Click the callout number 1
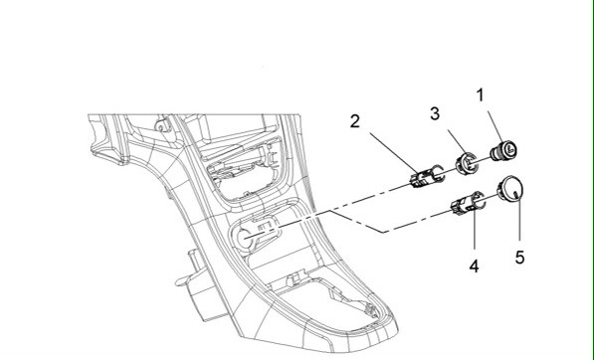coord(480,96)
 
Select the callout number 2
coord(354,122)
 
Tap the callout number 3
coord(435,113)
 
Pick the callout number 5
coord(518,258)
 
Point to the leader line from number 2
coord(384,147)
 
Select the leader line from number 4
coord(474,237)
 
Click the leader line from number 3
coord(448,137)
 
